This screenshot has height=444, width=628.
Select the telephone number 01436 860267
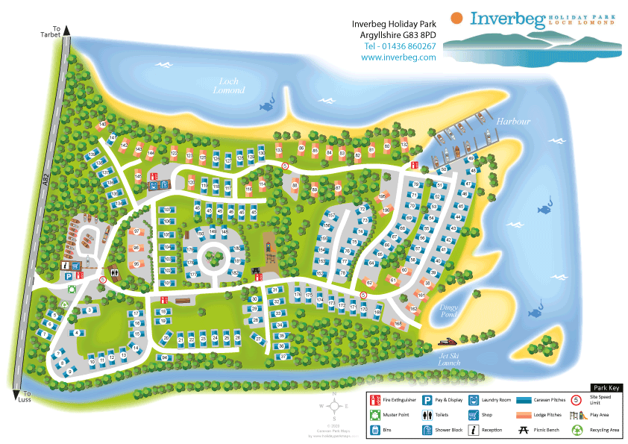click(400, 46)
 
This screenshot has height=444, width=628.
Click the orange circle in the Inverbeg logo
click(456, 18)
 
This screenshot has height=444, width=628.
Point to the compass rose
click(335, 406)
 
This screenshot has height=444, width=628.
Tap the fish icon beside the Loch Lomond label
click(266, 107)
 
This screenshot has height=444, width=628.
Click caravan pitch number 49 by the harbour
click(471, 159)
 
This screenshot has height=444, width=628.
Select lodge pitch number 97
click(136, 232)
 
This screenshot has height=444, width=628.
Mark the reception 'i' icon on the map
click(66, 265)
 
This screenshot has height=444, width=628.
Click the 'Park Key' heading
click(604, 388)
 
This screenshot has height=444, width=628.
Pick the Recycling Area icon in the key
click(577, 430)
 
